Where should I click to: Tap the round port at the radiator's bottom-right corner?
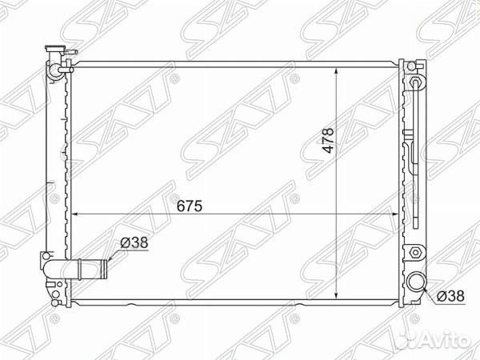coord(416,282)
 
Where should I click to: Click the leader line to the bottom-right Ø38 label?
coord(433,294)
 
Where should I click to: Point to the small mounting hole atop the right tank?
coord(413,63)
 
